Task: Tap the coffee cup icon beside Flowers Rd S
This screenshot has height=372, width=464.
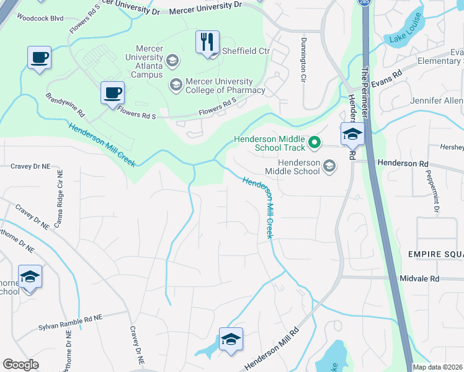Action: pyautogui.click(x=112, y=94)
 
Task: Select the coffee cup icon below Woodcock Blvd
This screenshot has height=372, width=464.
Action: pyautogui.click(x=39, y=58)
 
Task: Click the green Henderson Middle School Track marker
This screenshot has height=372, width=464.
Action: pyautogui.click(x=315, y=143)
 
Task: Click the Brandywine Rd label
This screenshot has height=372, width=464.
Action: pyautogui.click(x=65, y=105)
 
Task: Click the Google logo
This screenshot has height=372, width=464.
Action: pyautogui.click(x=20, y=365)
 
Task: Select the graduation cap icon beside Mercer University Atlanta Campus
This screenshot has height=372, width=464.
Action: pyautogui.click(x=172, y=60)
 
